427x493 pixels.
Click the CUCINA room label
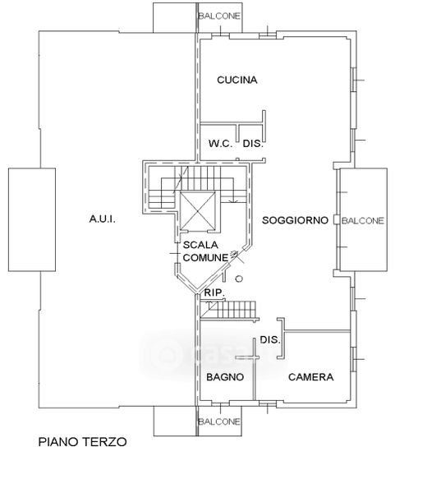tap(237, 80)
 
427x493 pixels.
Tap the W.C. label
tap(220, 144)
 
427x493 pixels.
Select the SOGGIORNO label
tap(295, 220)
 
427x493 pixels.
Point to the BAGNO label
tap(225, 377)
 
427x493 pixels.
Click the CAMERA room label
tap(310, 377)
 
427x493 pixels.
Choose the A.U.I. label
tap(103, 219)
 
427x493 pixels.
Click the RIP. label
tap(214, 293)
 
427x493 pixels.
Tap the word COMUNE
tap(205, 258)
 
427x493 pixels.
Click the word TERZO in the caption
tap(104, 442)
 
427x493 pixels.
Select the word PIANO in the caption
tap(58, 442)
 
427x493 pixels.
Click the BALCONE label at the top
tap(219, 16)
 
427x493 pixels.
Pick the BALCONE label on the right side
tap(363, 221)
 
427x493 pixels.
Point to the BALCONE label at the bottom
tap(219, 422)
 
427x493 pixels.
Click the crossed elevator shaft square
tap(198, 210)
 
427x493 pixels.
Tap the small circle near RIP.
tap(239, 279)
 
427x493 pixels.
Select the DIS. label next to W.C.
tap(253, 144)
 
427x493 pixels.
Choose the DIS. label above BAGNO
tap(270, 339)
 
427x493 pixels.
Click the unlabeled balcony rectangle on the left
tap(32, 219)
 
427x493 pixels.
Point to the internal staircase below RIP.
tap(229, 311)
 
